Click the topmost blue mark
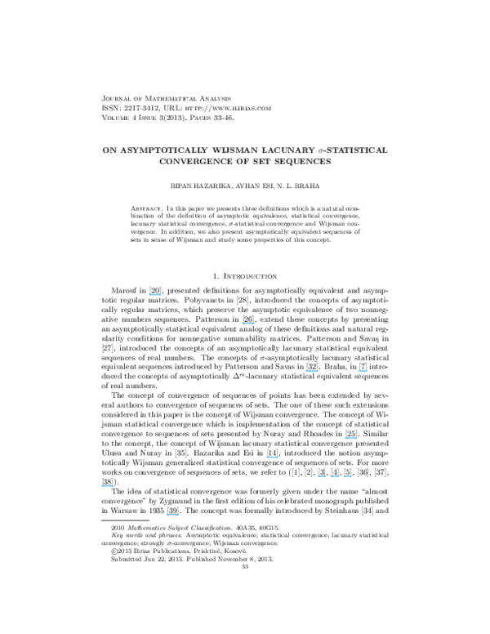pos(155,295)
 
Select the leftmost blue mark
pos(107,486)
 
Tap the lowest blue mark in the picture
pos(172,515)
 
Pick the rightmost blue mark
pos(363,371)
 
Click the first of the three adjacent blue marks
pos(322,476)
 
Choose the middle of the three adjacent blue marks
pos(335,476)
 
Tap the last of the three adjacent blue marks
pos(348,476)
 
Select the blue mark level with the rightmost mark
pos(312,371)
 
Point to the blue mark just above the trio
pos(351,438)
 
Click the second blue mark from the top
pos(248,324)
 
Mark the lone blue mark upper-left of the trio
pos(273,458)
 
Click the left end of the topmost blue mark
pos(149,295)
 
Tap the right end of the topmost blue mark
pos(162,295)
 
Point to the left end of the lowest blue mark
pos(167,515)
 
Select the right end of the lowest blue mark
pos(178,515)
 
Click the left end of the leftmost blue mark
pos(100,486)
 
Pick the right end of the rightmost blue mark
pos(368,371)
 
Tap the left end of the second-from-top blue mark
pos(242,324)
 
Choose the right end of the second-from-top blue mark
pos(255,324)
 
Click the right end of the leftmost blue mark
pos(114,486)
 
